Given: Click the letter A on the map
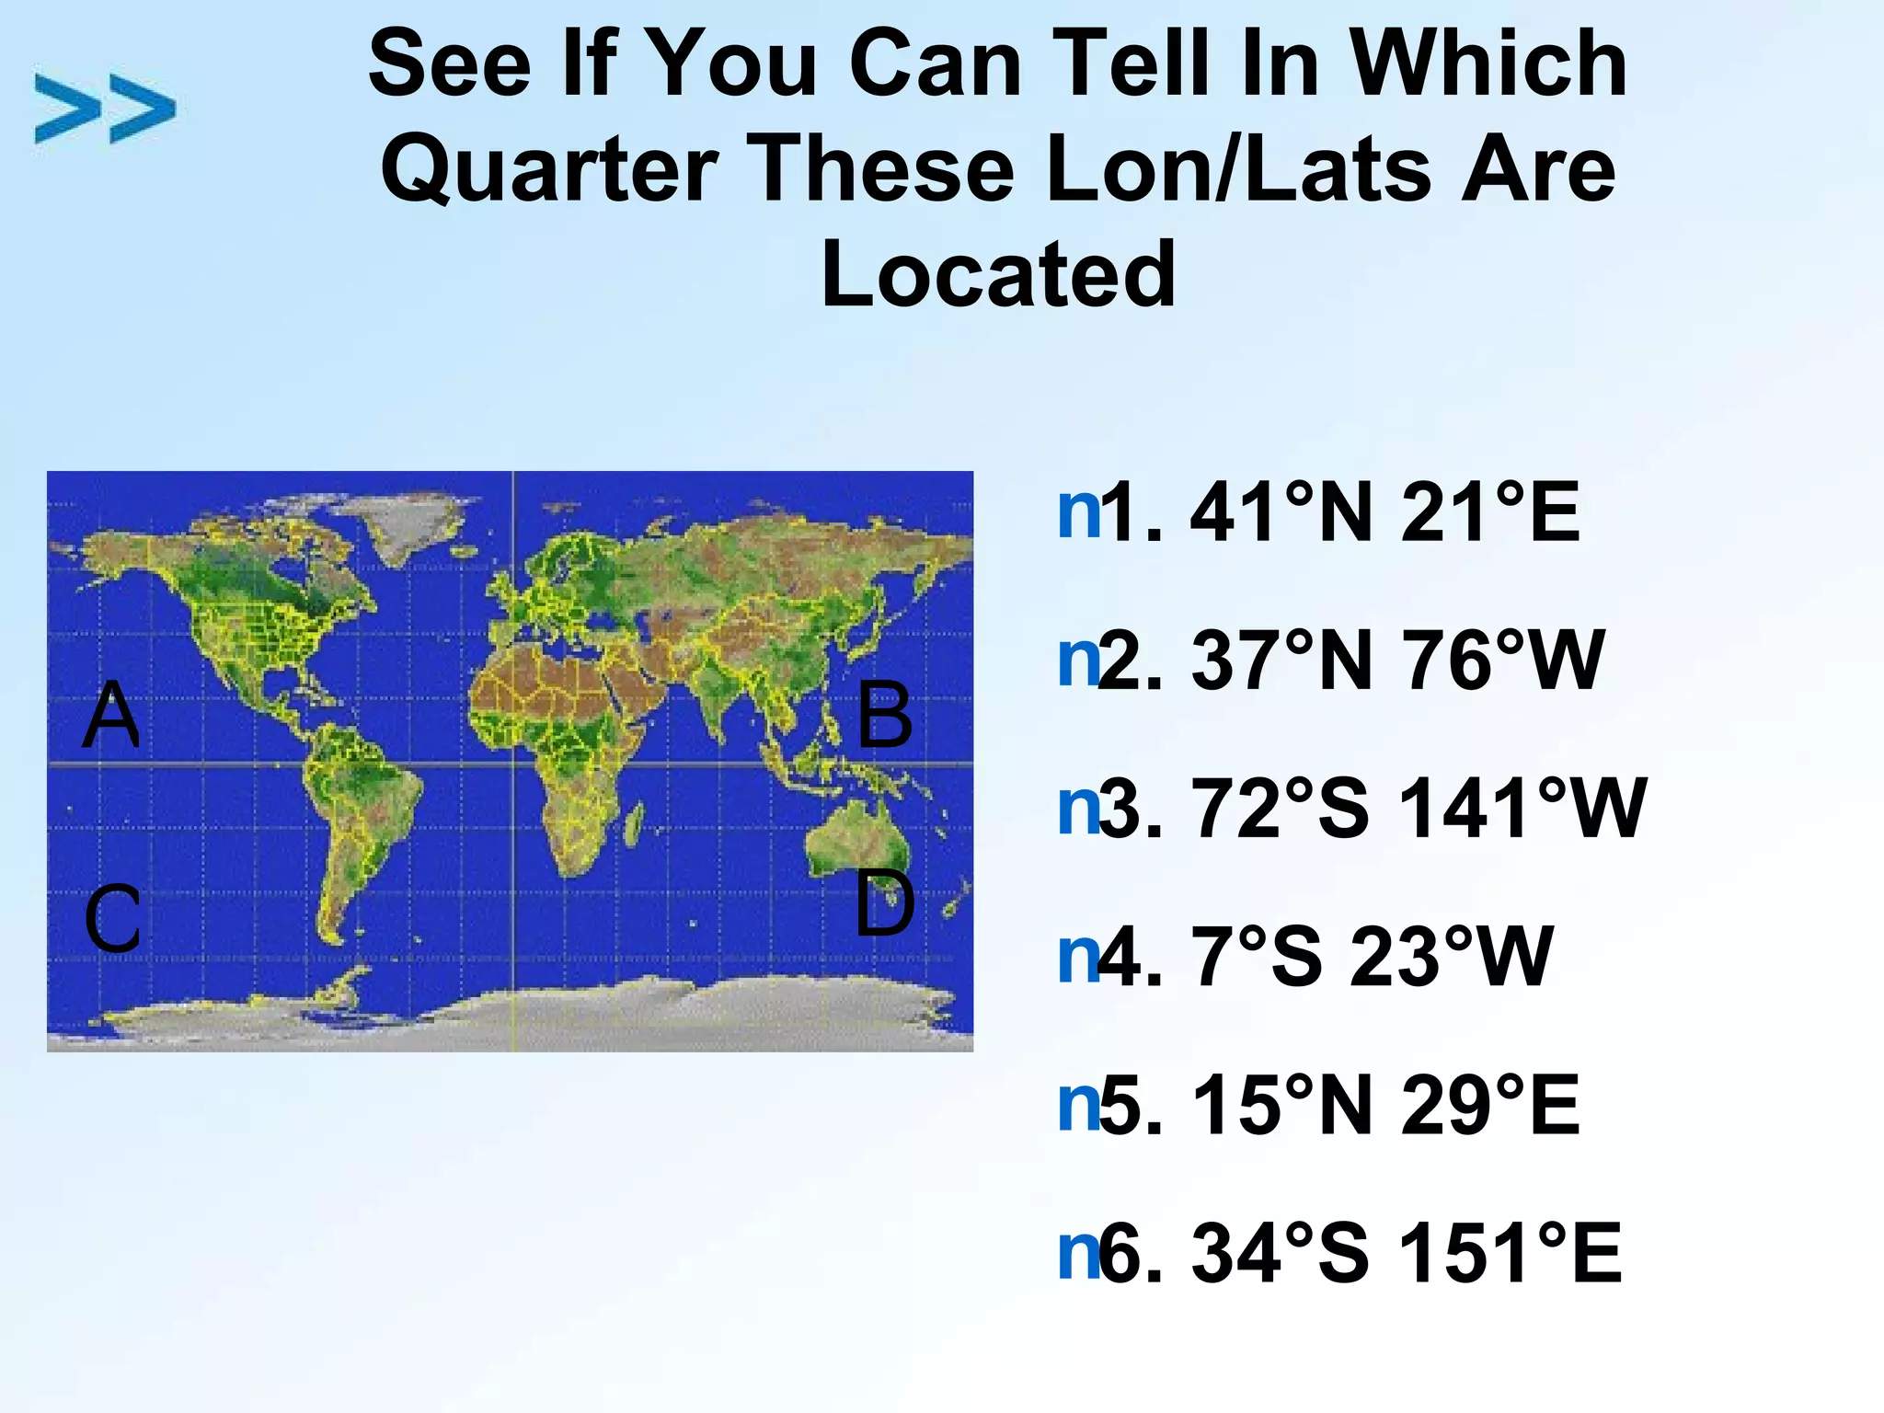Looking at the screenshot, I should coord(111,715).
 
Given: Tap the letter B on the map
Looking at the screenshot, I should coord(884,715).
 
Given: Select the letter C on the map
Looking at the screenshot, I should coord(112,919).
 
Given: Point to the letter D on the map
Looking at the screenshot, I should coord(884,904).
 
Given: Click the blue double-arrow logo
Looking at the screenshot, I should coord(105,109).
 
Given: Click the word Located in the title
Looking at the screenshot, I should coord(998,274).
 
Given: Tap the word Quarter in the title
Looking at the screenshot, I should coord(549,169).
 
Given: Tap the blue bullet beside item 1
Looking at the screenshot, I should coord(1078,512).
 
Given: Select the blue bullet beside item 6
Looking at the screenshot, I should coord(1078,1253).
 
